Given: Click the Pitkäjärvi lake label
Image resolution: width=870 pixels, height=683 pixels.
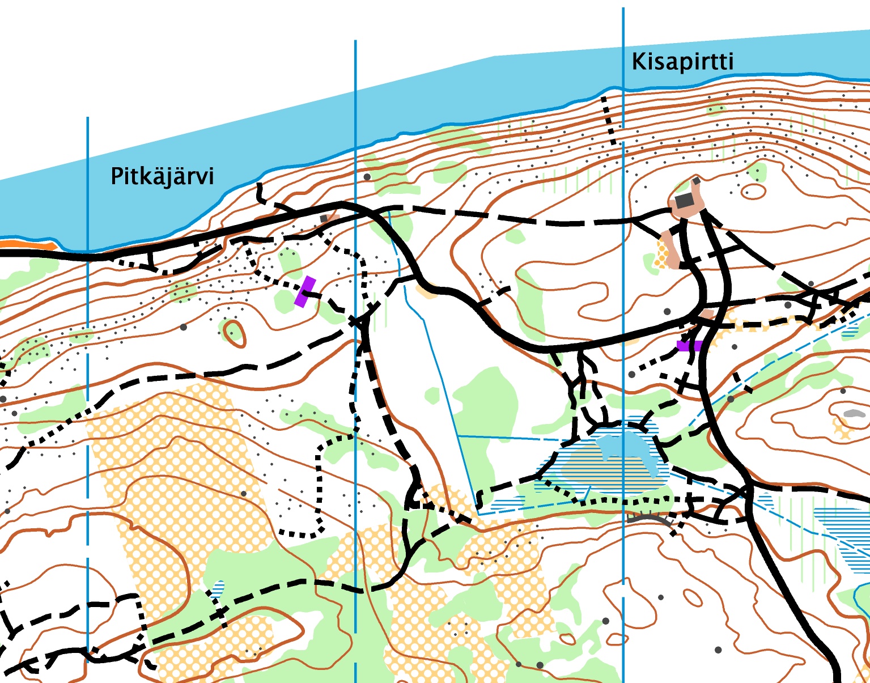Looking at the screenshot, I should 162,176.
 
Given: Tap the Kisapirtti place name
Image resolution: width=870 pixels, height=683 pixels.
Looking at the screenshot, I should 682,62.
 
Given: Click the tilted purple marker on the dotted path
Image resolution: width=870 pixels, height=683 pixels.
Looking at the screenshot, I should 305,292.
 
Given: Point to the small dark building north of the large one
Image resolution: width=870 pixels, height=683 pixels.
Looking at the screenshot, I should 696,181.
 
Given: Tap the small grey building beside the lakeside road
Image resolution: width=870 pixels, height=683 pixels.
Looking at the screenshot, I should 324,218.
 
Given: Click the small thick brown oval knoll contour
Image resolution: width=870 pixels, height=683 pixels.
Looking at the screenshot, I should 235,333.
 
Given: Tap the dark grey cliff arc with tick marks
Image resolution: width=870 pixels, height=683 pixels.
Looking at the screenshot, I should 650,517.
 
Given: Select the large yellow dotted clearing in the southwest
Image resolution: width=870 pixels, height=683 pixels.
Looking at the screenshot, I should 170,453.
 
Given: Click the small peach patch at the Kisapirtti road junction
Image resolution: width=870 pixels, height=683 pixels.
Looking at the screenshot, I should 706,313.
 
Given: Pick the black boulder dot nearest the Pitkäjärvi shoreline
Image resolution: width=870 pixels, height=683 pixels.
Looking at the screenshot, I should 367,177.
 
